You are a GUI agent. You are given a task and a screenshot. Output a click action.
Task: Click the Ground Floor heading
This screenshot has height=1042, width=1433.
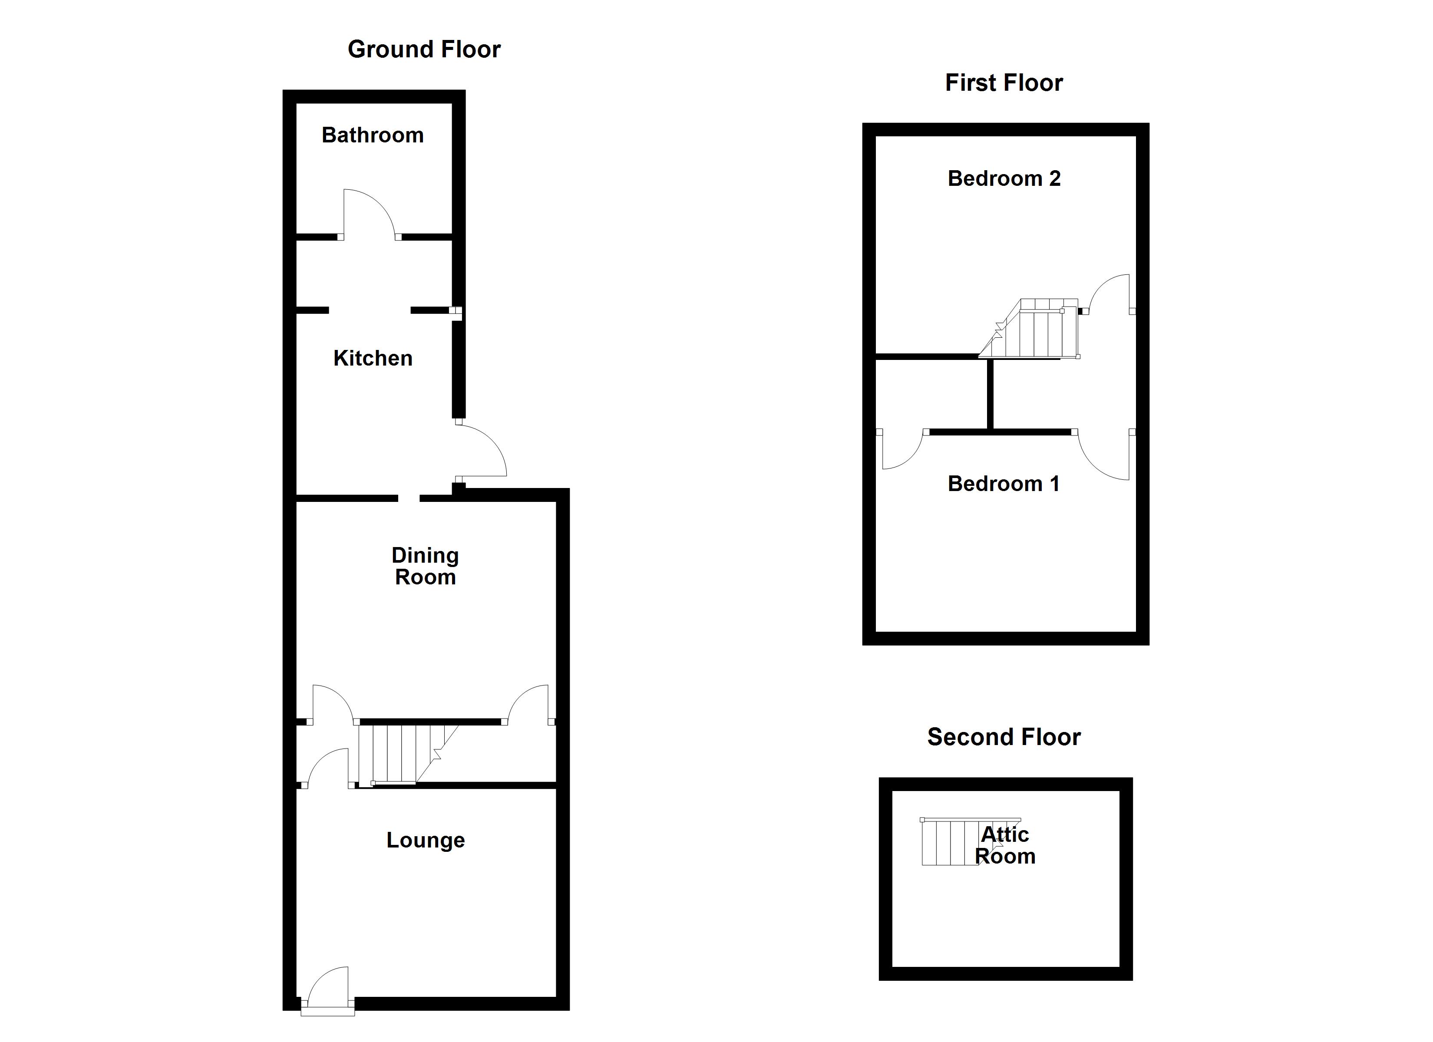[x=424, y=49]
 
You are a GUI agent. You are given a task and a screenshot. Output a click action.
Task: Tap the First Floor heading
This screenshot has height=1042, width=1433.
[x=1004, y=83]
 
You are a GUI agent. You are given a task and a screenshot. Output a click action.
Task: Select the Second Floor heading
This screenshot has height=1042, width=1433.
[x=1004, y=737]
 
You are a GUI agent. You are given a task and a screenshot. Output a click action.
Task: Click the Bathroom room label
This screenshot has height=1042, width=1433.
[x=372, y=135]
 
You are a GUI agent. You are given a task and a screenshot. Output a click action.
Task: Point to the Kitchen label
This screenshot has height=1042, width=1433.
[x=373, y=358]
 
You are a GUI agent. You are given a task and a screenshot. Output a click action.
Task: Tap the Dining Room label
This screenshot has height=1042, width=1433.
[x=425, y=566]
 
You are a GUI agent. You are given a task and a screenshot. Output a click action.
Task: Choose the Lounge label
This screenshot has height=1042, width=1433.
[x=425, y=841]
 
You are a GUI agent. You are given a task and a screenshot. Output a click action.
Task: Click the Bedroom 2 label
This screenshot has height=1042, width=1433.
[x=1004, y=179]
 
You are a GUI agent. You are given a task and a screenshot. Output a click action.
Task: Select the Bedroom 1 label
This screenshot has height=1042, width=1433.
[x=1004, y=484]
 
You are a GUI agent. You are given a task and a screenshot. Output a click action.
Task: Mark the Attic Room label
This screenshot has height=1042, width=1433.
[x=1004, y=845]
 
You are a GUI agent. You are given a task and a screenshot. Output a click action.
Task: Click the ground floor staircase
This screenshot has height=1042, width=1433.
[x=404, y=753]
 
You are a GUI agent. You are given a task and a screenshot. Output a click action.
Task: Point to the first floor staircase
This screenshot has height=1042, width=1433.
[x=1036, y=330]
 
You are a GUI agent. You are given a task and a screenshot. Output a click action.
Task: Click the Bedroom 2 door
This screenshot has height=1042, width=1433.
[x=1109, y=294]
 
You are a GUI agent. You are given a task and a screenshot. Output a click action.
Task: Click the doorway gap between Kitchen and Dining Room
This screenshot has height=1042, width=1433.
[x=409, y=498]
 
